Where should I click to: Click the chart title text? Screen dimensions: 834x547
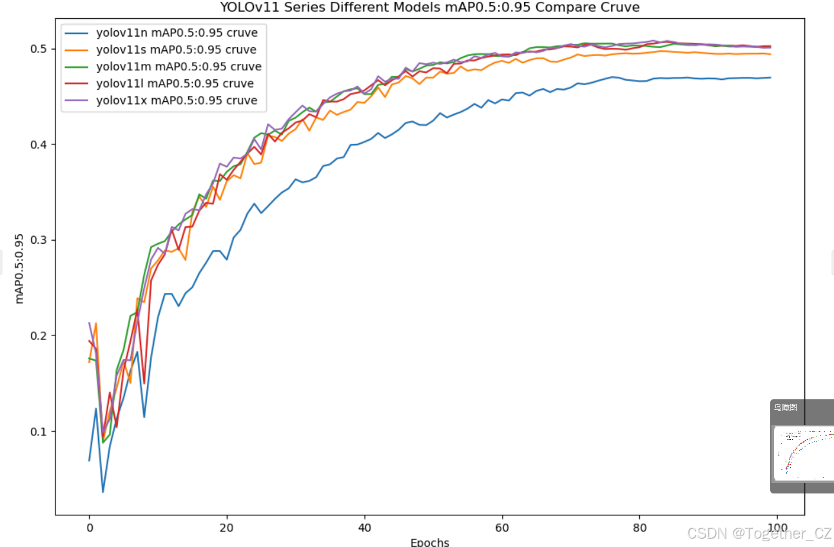pyautogui.click(x=430, y=7)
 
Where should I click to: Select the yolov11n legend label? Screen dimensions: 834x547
pyautogui.click(x=177, y=33)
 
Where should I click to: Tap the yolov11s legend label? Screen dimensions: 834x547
pyautogui.click(x=176, y=50)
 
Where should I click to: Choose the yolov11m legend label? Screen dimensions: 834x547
pyautogui.click(x=179, y=66)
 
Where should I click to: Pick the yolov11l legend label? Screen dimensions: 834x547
pyautogui.click(x=175, y=83)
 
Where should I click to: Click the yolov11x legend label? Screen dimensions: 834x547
pyautogui.click(x=177, y=100)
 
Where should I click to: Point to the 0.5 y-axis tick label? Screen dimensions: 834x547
pyautogui.click(x=39, y=49)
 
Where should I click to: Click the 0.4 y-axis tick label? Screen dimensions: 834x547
pyautogui.click(x=39, y=144)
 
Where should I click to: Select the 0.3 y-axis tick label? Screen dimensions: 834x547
pyautogui.click(x=39, y=240)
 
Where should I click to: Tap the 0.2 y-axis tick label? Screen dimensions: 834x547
pyautogui.click(x=39, y=335)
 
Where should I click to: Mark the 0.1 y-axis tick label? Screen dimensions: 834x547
pyautogui.click(x=39, y=432)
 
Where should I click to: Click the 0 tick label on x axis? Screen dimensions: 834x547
pyautogui.click(x=90, y=528)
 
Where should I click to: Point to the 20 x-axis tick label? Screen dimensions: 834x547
pyautogui.click(x=227, y=528)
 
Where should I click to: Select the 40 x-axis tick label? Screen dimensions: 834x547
pyautogui.click(x=365, y=528)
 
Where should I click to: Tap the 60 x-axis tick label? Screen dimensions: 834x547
pyautogui.click(x=502, y=528)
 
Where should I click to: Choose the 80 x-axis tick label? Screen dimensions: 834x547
pyautogui.click(x=639, y=528)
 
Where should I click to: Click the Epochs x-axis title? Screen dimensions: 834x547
pyautogui.click(x=430, y=542)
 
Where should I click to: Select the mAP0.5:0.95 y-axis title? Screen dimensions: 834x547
pyautogui.click(x=19, y=268)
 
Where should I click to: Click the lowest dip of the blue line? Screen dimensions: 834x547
pyautogui.click(x=103, y=492)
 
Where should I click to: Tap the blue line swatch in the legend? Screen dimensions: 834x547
pyautogui.click(x=76, y=33)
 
